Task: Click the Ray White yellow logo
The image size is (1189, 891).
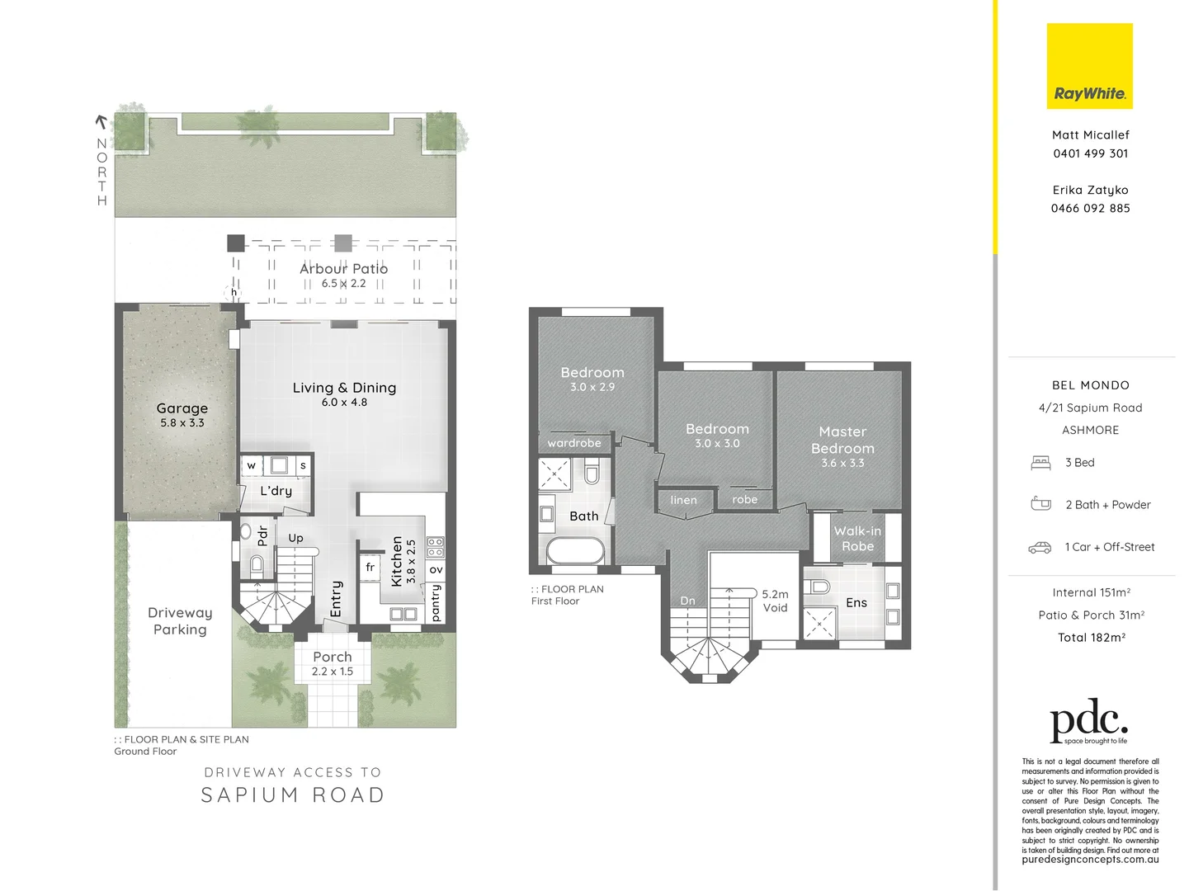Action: (1089, 66)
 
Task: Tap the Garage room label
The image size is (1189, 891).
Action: (182, 409)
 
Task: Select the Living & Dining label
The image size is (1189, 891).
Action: (344, 388)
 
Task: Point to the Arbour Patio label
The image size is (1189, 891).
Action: (343, 269)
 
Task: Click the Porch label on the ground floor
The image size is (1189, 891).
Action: (333, 658)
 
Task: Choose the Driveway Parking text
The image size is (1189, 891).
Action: (180, 621)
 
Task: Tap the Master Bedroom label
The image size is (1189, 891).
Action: (842, 441)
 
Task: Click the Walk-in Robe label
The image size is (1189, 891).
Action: (857, 539)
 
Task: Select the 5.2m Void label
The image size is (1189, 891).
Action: (775, 601)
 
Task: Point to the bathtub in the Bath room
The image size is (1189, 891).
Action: (573, 551)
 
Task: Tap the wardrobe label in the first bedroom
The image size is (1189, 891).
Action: (574, 443)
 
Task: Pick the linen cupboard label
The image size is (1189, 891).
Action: (683, 500)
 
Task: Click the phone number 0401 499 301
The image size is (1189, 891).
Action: (1090, 153)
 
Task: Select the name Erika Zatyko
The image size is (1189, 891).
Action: (1090, 190)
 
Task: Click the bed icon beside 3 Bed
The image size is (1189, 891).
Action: (1040, 463)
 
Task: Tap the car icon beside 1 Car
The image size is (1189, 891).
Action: (1040, 547)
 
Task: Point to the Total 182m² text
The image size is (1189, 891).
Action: (1091, 638)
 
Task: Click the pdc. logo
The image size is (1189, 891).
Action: (1088, 724)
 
